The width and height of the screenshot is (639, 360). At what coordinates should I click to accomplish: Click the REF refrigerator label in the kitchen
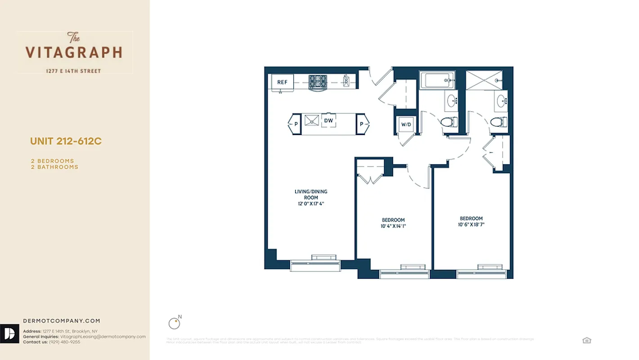(282, 82)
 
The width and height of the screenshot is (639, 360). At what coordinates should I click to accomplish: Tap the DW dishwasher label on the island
(328, 121)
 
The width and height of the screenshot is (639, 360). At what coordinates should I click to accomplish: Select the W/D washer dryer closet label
(406, 124)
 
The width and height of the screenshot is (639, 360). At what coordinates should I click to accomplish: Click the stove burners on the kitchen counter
(318, 81)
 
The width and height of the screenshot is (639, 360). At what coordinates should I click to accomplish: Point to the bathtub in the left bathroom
(436, 81)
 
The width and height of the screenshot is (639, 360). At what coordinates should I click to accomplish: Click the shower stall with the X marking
(482, 81)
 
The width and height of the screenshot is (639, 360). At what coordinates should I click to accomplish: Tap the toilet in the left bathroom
(449, 121)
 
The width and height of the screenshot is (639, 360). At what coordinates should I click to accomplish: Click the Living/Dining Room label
(311, 194)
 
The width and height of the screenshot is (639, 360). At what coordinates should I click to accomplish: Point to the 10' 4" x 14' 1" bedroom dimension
(393, 226)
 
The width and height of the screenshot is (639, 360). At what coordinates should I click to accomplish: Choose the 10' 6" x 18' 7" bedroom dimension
(471, 225)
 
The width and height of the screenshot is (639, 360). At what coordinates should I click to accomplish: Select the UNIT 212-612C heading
(66, 141)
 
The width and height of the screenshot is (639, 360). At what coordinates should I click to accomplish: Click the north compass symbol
(174, 323)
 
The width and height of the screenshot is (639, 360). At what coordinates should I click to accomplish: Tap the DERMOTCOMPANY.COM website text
(62, 321)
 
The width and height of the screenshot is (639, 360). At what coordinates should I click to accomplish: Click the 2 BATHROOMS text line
(54, 167)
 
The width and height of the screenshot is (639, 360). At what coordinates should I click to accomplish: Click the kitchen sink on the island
(311, 120)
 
